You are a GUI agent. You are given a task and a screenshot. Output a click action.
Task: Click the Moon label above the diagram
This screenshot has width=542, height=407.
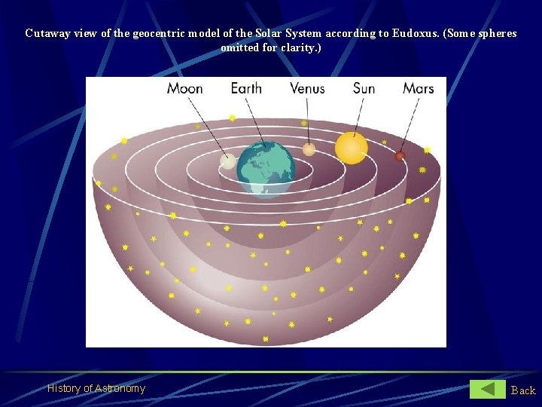[x=184, y=88]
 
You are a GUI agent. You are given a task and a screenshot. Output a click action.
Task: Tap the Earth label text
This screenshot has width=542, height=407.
[x=246, y=88]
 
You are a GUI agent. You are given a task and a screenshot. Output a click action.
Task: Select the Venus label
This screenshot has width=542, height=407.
[x=307, y=88]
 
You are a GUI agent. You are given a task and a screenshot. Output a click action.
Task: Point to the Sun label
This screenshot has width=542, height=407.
[x=364, y=88]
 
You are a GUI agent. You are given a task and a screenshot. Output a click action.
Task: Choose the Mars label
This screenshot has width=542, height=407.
[x=418, y=88]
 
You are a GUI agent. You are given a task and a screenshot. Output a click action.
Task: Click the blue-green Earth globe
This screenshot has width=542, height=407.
[x=266, y=170]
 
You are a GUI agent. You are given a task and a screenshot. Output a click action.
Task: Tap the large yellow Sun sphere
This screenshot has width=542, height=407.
[x=352, y=148]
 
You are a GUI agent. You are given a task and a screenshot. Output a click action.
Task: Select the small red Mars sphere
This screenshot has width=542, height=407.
[x=400, y=156]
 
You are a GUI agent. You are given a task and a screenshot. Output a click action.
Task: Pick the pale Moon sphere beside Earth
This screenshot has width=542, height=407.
[x=227, y=161]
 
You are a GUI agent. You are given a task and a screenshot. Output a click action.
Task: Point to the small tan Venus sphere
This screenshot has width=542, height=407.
[x=309, y=149]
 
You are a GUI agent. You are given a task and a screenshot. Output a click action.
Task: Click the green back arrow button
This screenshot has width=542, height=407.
[x=487, y=389]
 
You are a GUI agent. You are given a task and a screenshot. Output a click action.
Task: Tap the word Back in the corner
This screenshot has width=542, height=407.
[x=523, y=390]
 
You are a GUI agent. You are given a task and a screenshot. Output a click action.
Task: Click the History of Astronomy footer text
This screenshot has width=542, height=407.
[x=96, y=388]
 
